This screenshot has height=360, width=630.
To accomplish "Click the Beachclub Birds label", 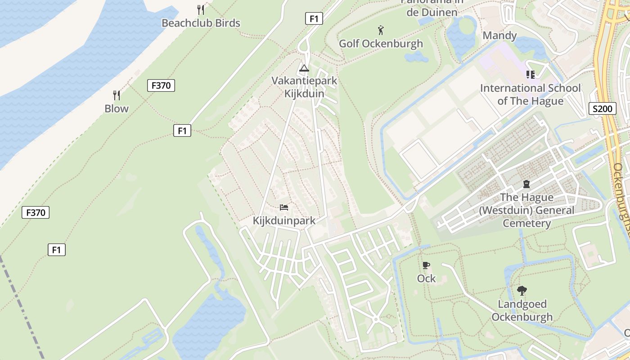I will [x=201, y=23].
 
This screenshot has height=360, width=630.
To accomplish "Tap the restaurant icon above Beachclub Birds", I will [x=201, y=9].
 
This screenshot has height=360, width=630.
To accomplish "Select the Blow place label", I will [x=117, y=108].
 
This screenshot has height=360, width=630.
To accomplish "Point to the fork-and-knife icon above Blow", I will [x=117, y=95].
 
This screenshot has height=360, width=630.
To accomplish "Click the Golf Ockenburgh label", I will [x=381, y=44].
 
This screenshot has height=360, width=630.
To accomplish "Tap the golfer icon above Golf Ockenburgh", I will [x=381, y=30].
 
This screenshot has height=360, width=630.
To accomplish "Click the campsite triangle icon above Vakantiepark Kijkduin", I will [x=304, y=68].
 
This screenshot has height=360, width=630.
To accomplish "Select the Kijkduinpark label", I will [x=284, y=221].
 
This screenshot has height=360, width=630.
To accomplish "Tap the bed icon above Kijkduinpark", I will [x=284, y=207].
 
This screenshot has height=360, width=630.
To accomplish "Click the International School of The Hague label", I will [x=531, y=94].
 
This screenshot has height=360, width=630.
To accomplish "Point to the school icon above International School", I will [x=531, y=74].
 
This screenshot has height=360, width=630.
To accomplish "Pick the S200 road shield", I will [x=602, y=108].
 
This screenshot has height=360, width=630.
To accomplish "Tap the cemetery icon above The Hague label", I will [x=526, y=184].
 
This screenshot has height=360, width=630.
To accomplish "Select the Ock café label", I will [x=426, y=279].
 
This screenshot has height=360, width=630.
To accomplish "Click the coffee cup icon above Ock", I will [x=426, y=265].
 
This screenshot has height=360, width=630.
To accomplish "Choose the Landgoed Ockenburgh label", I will [x=522, y=310].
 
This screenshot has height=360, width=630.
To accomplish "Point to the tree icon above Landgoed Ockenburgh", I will [x=522, y=291].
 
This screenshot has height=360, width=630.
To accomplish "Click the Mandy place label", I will [x=499, y=36].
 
